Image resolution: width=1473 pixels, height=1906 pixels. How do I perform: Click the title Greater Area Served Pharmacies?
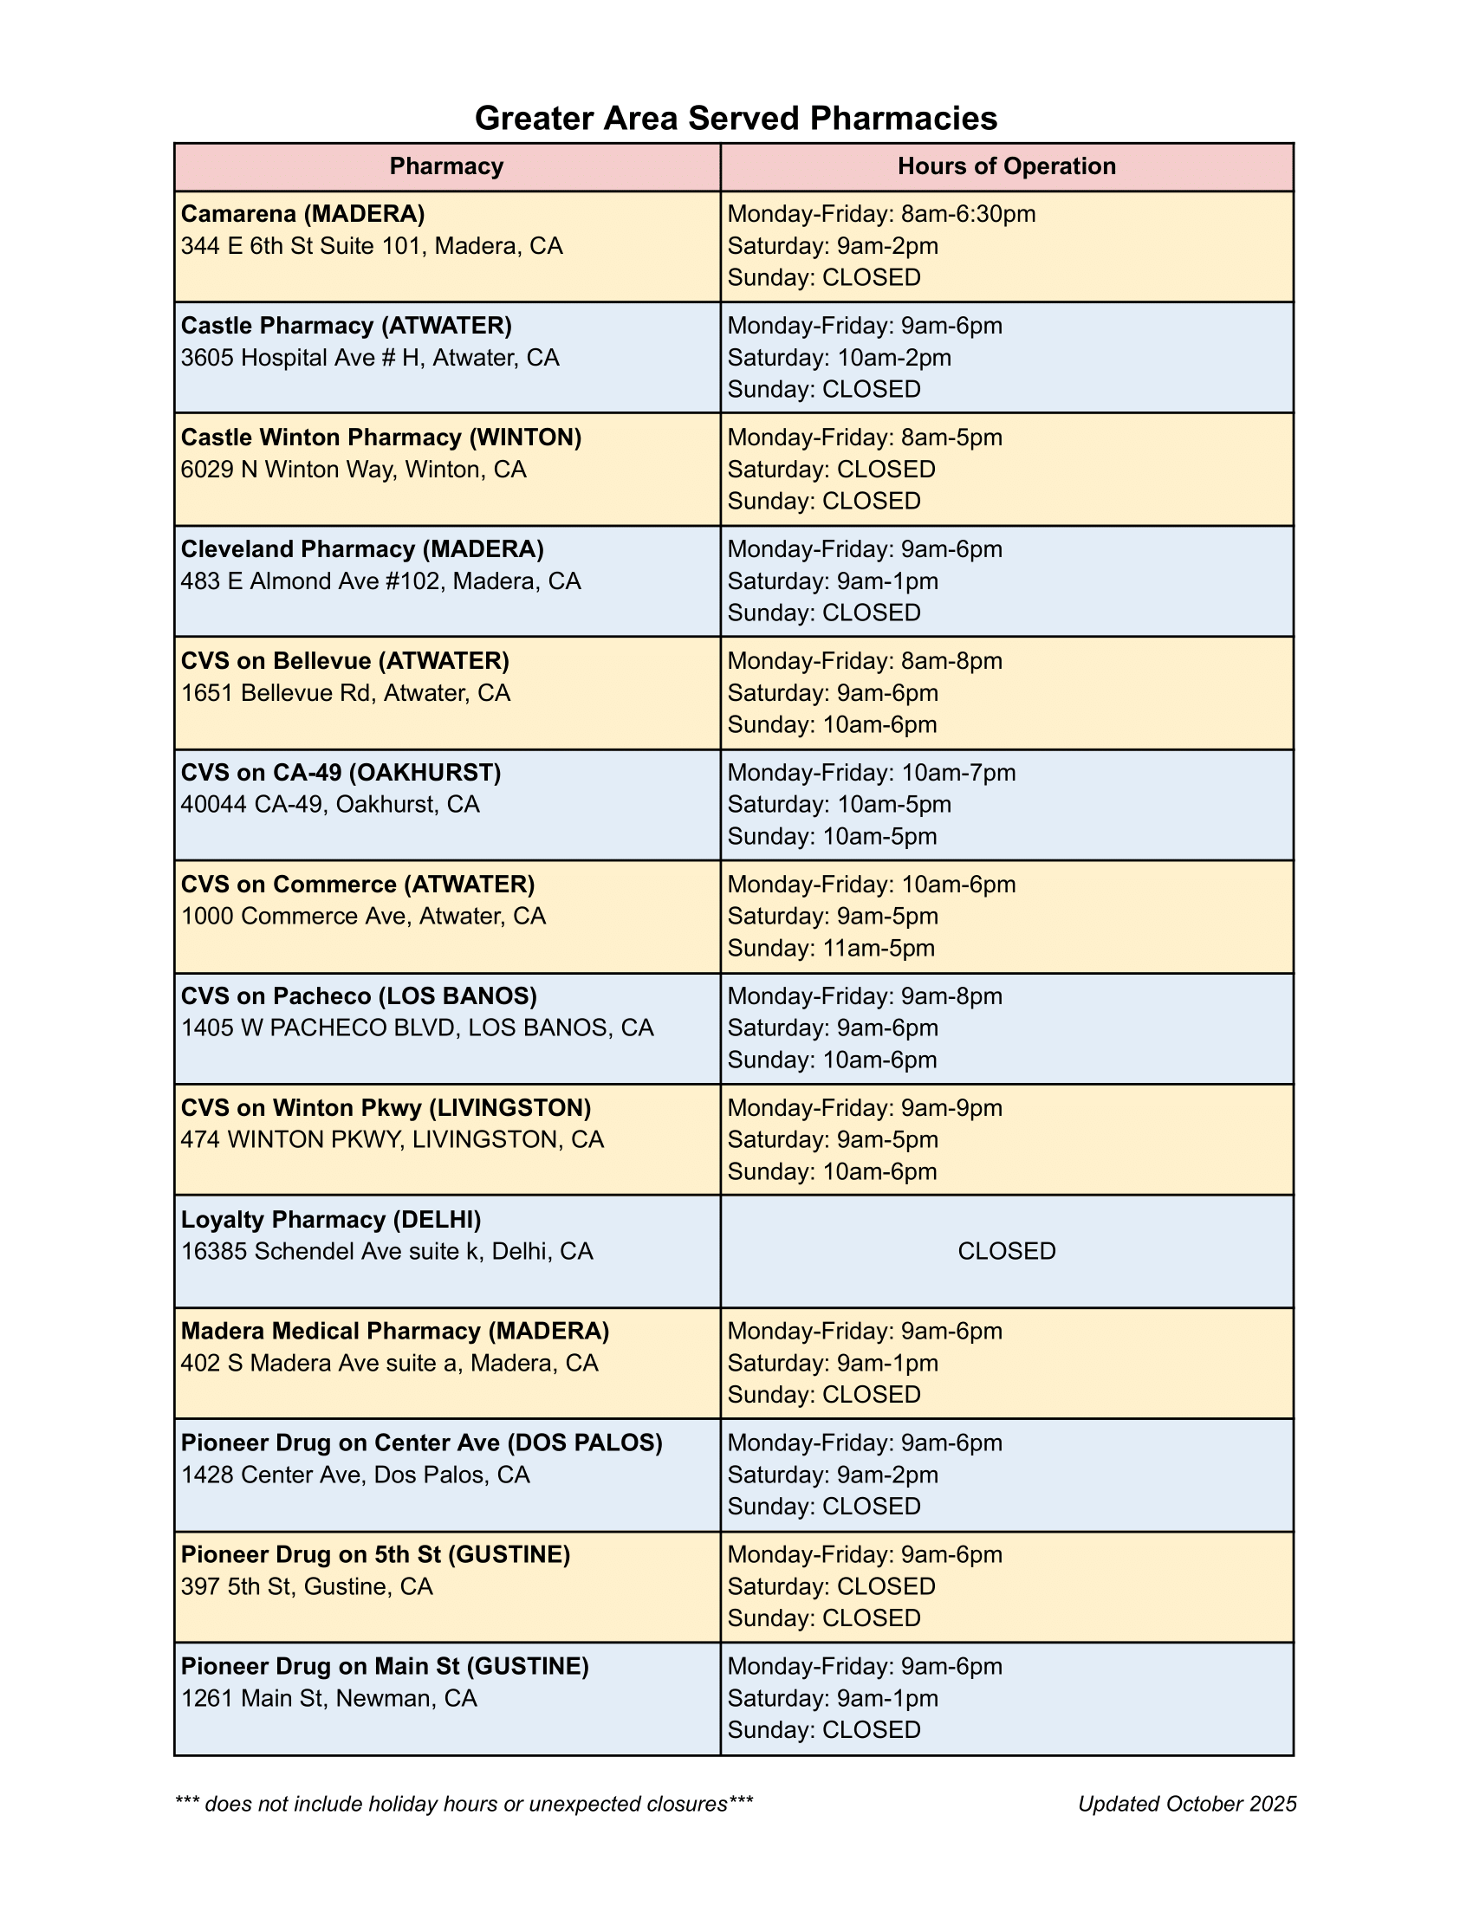pyautogui.click(x=736, y=119)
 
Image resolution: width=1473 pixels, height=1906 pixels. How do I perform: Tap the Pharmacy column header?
pyautogui.click(x=446, y=166)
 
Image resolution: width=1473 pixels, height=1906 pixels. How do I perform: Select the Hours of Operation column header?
pyautogui.click(x=1006, y=166)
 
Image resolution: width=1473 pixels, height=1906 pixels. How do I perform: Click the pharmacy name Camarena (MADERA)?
pyautogui.click(x=302, y=214)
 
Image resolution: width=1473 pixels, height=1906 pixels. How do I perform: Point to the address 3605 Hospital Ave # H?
pyautogui.click(x=370, y=358)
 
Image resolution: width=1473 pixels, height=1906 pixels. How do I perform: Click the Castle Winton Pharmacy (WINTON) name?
pyautogui.click(x=380, y=438)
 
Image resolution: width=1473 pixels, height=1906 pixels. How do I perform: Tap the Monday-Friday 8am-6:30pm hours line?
pyautogui.click(x=881, y=214)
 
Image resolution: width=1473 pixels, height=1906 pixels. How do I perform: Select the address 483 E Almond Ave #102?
pyautogui.click(x=380, y=581)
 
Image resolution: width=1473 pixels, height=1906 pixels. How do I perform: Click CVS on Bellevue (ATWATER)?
pyautogui.click(x=345, y=661)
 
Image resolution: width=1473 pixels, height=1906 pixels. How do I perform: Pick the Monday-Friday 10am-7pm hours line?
pyautogui.click(x=872, y=772)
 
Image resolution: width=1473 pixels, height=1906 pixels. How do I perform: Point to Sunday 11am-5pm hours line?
pyautogui.click(x=831, y=948)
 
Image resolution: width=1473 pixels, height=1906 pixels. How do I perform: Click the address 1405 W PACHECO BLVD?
pyautogui.click(x=417, y=1028)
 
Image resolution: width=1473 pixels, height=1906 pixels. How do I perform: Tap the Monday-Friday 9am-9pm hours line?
pyautogui.click(x=865, y=1107)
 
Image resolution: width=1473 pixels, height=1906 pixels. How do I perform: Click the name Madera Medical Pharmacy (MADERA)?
pyautogui.click(x=394, y=1331)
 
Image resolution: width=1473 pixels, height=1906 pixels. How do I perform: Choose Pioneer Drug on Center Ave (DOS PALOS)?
pyautogui.click(x=421, y=1442)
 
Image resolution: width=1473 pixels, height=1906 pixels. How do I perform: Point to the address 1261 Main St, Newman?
pyautogui.click(x=329, y=1697)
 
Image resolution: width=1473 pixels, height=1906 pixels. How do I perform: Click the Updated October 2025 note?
pyautogui.click(x=1187, y=1804)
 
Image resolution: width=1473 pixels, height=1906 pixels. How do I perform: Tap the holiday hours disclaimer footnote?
pyautogui.click(x=464, y=1804)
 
